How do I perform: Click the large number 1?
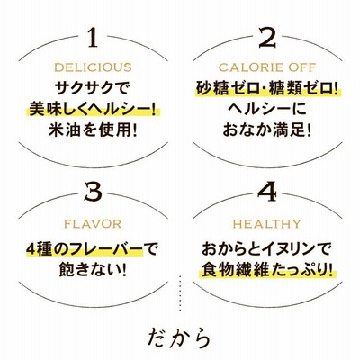(94, 38)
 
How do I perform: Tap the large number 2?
(267, 38)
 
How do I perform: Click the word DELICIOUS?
(93, 67)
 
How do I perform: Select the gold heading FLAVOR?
(93, 224)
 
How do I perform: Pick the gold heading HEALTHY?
(267, 224)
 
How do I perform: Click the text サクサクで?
(93, 89)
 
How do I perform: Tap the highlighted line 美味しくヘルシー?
(93, 109)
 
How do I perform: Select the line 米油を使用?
(93, 130)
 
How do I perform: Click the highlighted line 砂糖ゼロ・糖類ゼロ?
(267, 88)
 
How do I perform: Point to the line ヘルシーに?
(267, 109)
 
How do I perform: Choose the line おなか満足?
(267, 130)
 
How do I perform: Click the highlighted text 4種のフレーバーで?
(92, 249)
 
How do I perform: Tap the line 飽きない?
(93, 270)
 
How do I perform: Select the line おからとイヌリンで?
(267, 249)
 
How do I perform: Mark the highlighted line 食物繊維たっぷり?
(267, 270)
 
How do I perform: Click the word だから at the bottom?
(179, 338)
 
